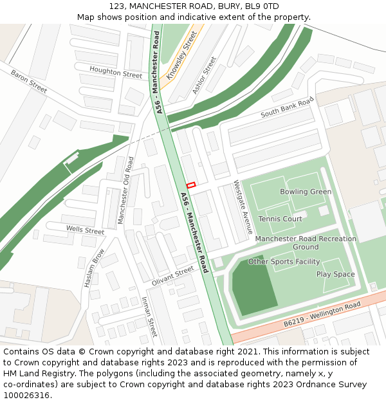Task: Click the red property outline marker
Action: [190, 185]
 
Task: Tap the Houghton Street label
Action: [116, 72]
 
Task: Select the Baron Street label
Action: [29, 82]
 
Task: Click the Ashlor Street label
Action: [205, 75]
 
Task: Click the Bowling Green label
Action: [306, 192]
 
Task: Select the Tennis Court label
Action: [280, 219]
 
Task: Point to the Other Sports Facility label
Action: [284, 262]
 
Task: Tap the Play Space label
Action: [335, 274]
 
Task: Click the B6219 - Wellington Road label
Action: [322, 313]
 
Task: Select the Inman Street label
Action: [149, 317]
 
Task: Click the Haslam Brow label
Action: [94, 268]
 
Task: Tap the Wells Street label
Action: [85, 230]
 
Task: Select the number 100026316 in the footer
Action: [27, 396]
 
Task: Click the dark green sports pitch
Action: [250, 286]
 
